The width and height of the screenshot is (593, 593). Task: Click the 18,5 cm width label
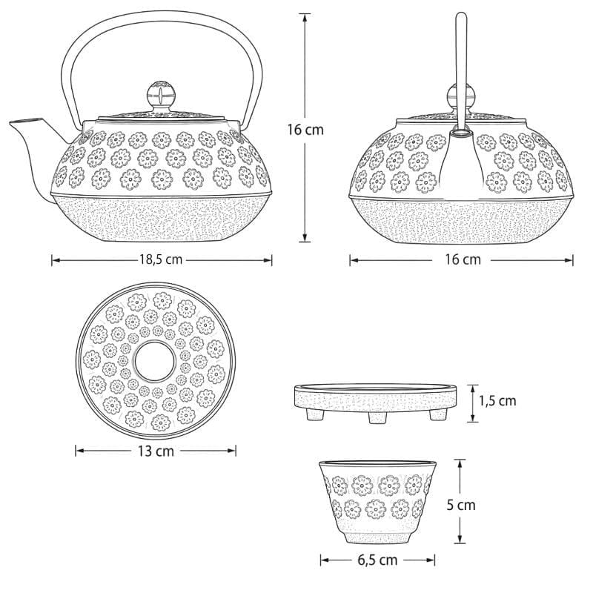(161, 260)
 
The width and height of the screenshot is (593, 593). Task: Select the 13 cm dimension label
(156, 451)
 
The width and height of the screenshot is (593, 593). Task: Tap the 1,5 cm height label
(497, 401)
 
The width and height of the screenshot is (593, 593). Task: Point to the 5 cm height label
(460, 505)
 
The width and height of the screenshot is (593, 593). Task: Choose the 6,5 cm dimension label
(377, 560)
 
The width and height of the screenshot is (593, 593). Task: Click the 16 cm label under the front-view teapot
(463, 260)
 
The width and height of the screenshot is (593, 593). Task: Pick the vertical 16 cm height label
(305, 130)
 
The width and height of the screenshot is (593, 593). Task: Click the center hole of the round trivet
(155, 361)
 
